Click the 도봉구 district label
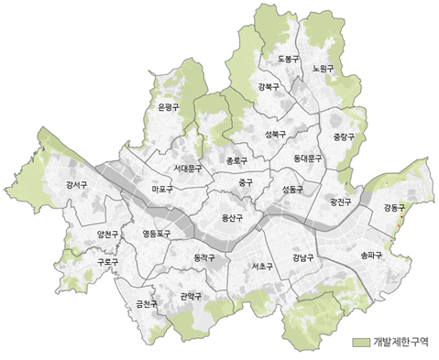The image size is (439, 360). click(288, 60)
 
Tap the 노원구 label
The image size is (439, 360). click(322, 69)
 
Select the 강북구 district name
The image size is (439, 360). click(269, 87)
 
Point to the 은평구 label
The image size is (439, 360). click(169, 108)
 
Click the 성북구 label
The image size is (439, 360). click(275, 135)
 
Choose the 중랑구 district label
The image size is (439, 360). click(343, 137)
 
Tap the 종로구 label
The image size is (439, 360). click(236, 160)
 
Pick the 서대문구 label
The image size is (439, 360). click(188, 169)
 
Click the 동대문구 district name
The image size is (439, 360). click(309, 158)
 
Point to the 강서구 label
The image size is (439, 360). click(76, 186)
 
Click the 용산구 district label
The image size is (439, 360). click(233, 218)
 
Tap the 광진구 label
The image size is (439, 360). click(339, 202)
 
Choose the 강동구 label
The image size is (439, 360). click(395, 208)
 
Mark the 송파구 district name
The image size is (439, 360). click(372, 256)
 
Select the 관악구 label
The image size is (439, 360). click(192, 296)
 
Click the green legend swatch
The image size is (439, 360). click(360, 344)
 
